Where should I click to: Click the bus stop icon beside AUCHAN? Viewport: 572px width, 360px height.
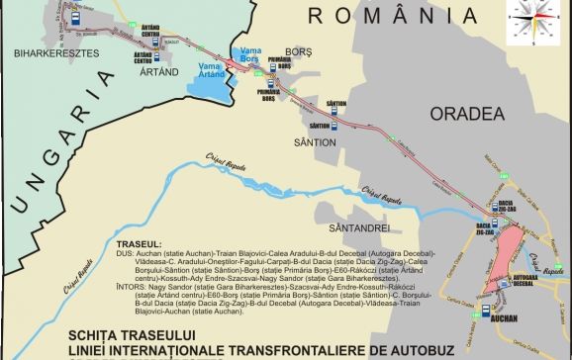[x=490, y=309]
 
